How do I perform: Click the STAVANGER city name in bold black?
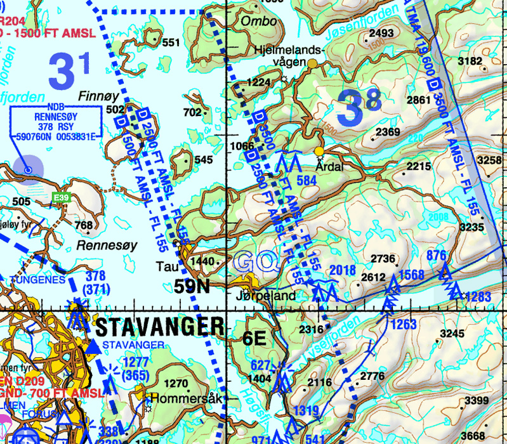160,327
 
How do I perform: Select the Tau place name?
167,267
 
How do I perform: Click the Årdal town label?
329,166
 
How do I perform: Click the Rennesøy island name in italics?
102,244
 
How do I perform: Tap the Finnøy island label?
98,96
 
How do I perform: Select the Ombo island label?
259,22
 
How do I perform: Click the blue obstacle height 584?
306,181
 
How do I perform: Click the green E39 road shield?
62,199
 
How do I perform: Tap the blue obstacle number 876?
437,255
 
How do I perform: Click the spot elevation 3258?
489,160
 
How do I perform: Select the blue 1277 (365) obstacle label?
136,368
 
